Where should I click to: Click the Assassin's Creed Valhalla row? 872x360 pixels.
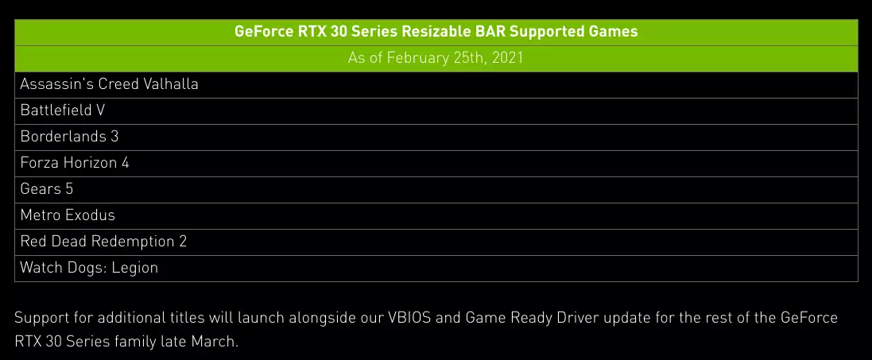tap(109, 84)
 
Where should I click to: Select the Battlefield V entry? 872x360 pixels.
tap(62, 110)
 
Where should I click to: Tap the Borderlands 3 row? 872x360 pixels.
tap(69, 137)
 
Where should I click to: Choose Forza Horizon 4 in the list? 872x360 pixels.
tap(75, 163)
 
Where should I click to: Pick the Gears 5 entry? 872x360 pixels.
tap(47, 189)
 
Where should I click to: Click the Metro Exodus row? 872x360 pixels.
tap(68, 215)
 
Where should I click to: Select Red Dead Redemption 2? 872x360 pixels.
tap(103, 242)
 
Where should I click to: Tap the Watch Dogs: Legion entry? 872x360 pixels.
tap(89, 268)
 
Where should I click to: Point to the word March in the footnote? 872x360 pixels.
tap(216, 342)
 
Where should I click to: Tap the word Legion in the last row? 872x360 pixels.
tap(134, 268)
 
